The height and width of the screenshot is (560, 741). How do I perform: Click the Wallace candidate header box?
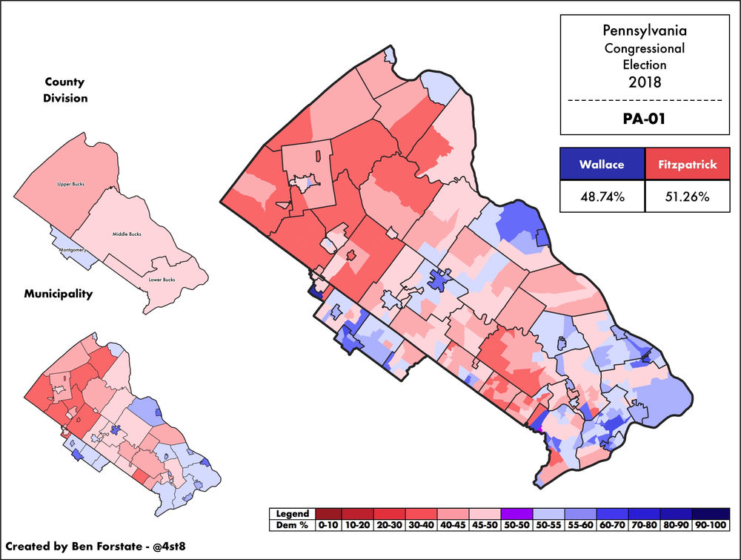click(602, 165)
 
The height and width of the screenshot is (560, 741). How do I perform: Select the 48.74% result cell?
click(602, 197)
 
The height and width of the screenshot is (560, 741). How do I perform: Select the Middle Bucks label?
click(127, 234)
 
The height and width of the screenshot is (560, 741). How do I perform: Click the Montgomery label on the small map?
click(74, 250)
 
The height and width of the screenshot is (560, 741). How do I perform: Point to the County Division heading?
click(65, 89)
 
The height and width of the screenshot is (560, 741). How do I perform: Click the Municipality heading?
click(57, 294)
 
